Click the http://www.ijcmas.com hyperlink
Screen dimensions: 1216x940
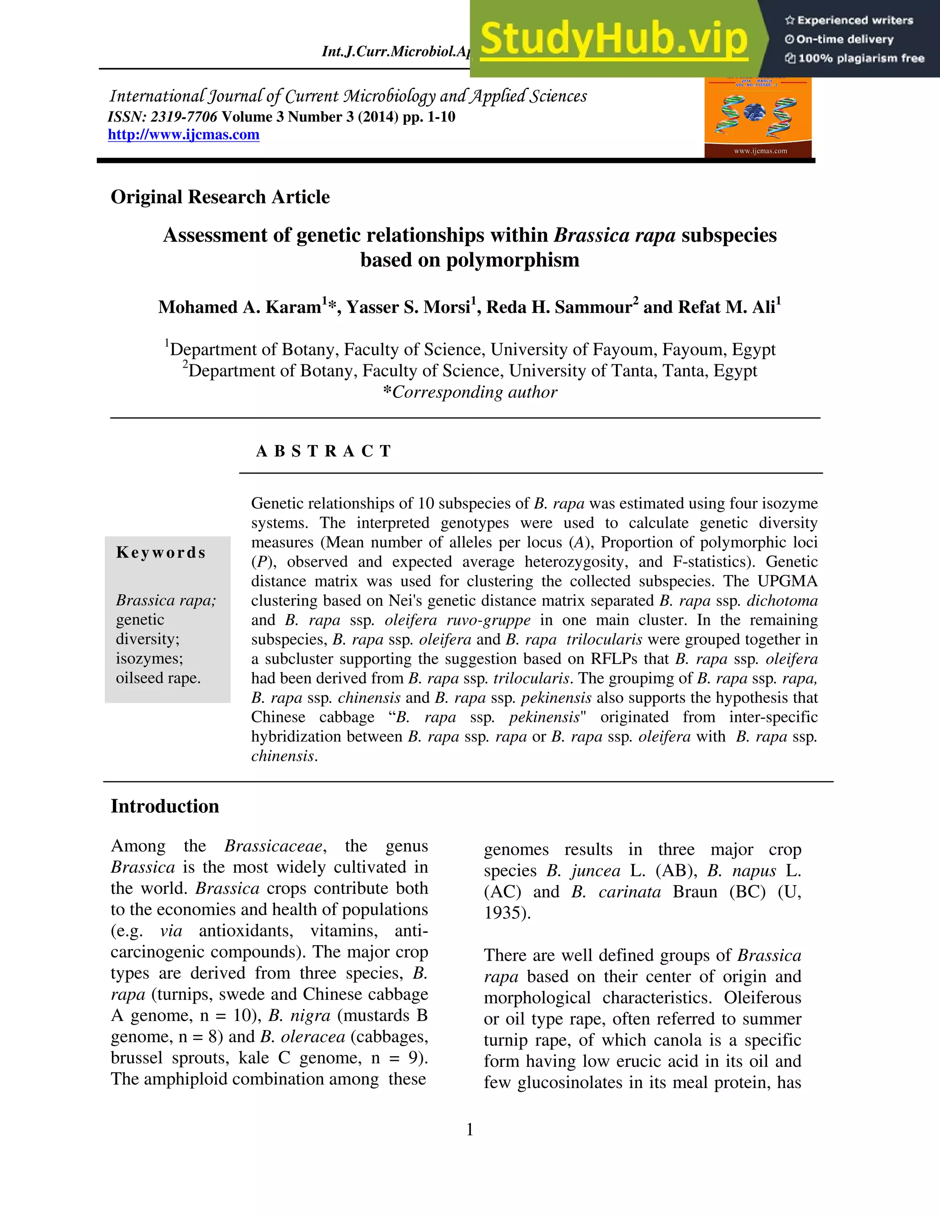tap(183, 135)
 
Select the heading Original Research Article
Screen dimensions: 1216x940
tap(220, 197)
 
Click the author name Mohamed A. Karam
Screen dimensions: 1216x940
tap(240, 307)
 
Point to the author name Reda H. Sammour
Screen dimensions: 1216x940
tap(559, 307)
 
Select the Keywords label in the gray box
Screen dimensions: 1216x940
tap(161, 552)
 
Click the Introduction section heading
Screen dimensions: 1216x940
tap(165, 806)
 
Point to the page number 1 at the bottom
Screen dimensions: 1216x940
tap(470, 1130)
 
